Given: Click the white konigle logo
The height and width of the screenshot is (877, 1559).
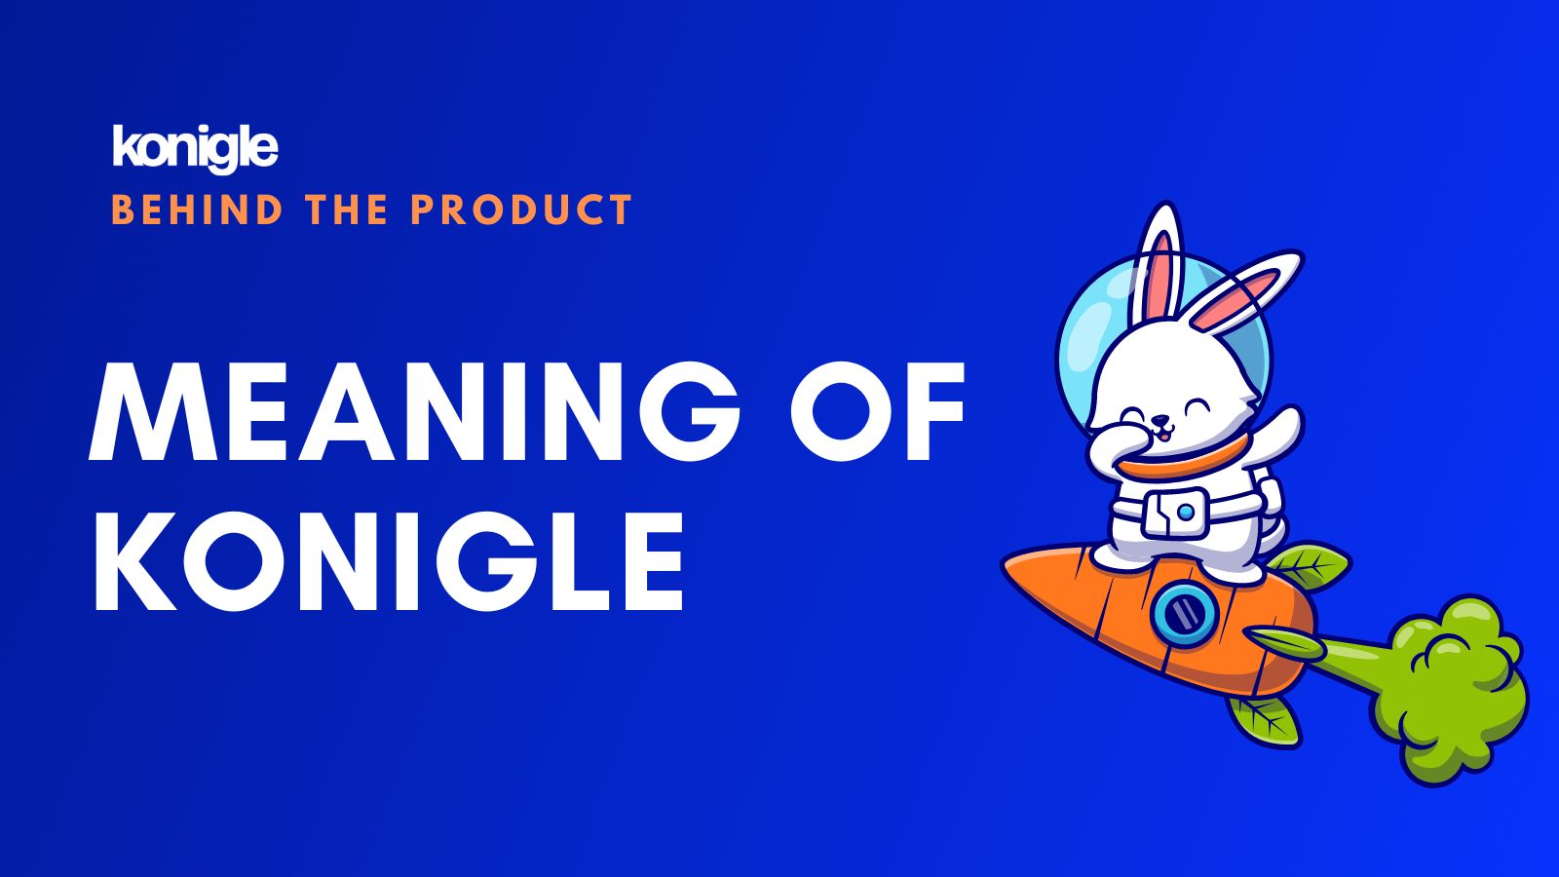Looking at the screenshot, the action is pyautogui.click(x=195, y=148).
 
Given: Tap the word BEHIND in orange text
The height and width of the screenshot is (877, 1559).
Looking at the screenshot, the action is pyautogui.click(x=197, y=210).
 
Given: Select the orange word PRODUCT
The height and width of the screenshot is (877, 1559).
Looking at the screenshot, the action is pyautogui.click(x=521, y=210).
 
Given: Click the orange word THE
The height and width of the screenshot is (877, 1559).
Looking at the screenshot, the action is pyautogui.click(x=346, y=210).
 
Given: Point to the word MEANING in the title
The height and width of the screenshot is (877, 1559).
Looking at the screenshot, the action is pyautogui.click(x=414, y=411).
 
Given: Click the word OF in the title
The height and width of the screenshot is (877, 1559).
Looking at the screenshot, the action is pyautogui.click(x=878, y=411).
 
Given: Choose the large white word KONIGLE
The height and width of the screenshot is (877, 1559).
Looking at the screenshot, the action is pyautogui.click(x=389, y=561).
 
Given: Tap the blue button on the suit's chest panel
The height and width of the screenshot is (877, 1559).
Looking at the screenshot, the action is pyautogui.click(x=1186, y=513).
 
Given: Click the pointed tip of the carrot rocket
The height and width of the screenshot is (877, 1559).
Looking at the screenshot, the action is pyautogui.click(x=1003, y=563).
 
